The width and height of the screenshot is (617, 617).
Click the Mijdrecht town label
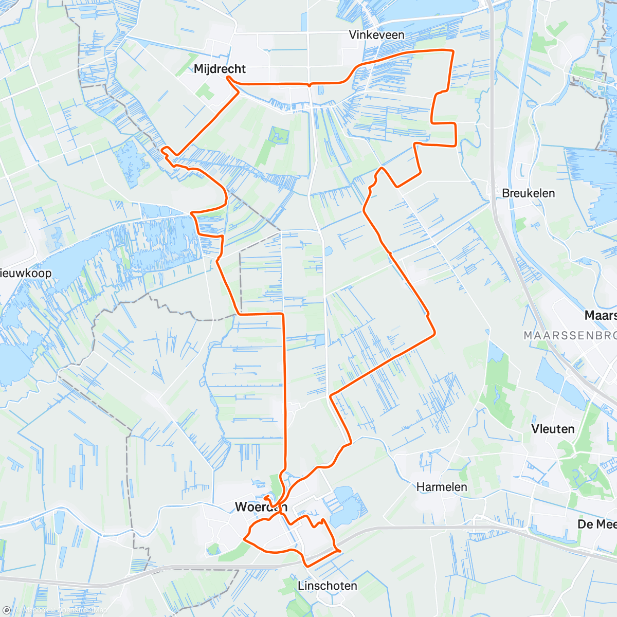220,69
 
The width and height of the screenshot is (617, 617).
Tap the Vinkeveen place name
376,35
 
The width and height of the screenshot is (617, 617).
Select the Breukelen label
528,193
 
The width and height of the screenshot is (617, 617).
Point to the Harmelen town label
442,486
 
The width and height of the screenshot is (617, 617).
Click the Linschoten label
327,586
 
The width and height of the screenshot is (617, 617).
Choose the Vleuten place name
552,429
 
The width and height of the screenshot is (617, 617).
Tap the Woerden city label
261,507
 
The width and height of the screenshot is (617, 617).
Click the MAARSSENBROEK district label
570,336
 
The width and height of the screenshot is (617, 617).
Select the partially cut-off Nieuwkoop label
26,273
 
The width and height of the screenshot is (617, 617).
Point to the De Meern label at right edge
596,524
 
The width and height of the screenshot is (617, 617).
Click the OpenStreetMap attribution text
82,610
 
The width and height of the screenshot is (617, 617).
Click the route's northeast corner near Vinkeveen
452,50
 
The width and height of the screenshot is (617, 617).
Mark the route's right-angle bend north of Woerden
283,314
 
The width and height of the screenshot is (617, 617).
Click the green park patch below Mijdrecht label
205,93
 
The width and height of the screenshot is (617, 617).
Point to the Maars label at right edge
601,315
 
